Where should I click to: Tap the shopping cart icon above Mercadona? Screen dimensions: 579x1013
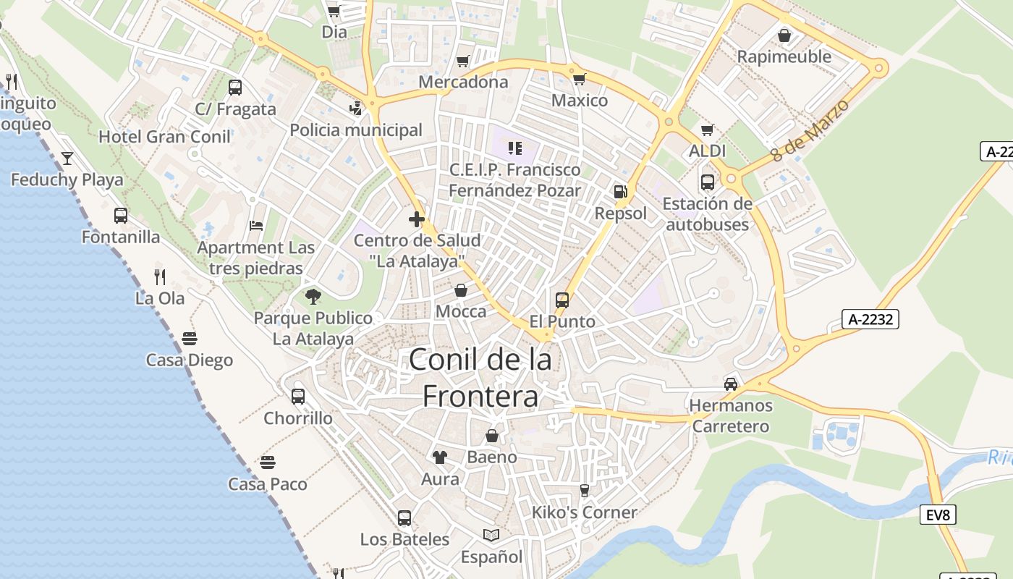click(463, 61)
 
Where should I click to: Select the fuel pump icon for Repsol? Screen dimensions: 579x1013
click(620, 192)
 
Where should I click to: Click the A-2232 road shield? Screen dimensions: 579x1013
click(870, 319)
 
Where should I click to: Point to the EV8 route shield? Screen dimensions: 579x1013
click(938, 515)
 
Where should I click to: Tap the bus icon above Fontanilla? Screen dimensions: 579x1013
click(121, 215)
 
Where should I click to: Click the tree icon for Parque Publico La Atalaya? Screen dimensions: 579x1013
click(313, 295)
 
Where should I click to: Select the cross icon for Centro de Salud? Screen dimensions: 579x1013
click(417, 219)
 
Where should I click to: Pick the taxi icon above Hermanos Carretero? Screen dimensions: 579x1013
click(731, 384)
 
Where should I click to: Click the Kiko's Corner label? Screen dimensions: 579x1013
click(585, 512)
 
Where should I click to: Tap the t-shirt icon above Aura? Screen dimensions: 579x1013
click(440, 457)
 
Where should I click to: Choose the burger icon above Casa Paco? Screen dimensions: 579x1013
click(268, 462)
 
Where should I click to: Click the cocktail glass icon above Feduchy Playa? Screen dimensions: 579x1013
click(67, 158)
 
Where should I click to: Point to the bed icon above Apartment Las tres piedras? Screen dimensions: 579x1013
click(256, 225)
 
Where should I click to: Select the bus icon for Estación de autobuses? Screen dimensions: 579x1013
click(708, 182)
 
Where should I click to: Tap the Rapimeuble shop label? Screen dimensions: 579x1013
click(784, 56)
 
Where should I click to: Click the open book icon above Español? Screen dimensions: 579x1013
click(491, 535)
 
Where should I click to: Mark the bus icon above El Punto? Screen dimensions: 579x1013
click(562, 300)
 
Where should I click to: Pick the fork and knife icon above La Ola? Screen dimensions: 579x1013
click(160, 276)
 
